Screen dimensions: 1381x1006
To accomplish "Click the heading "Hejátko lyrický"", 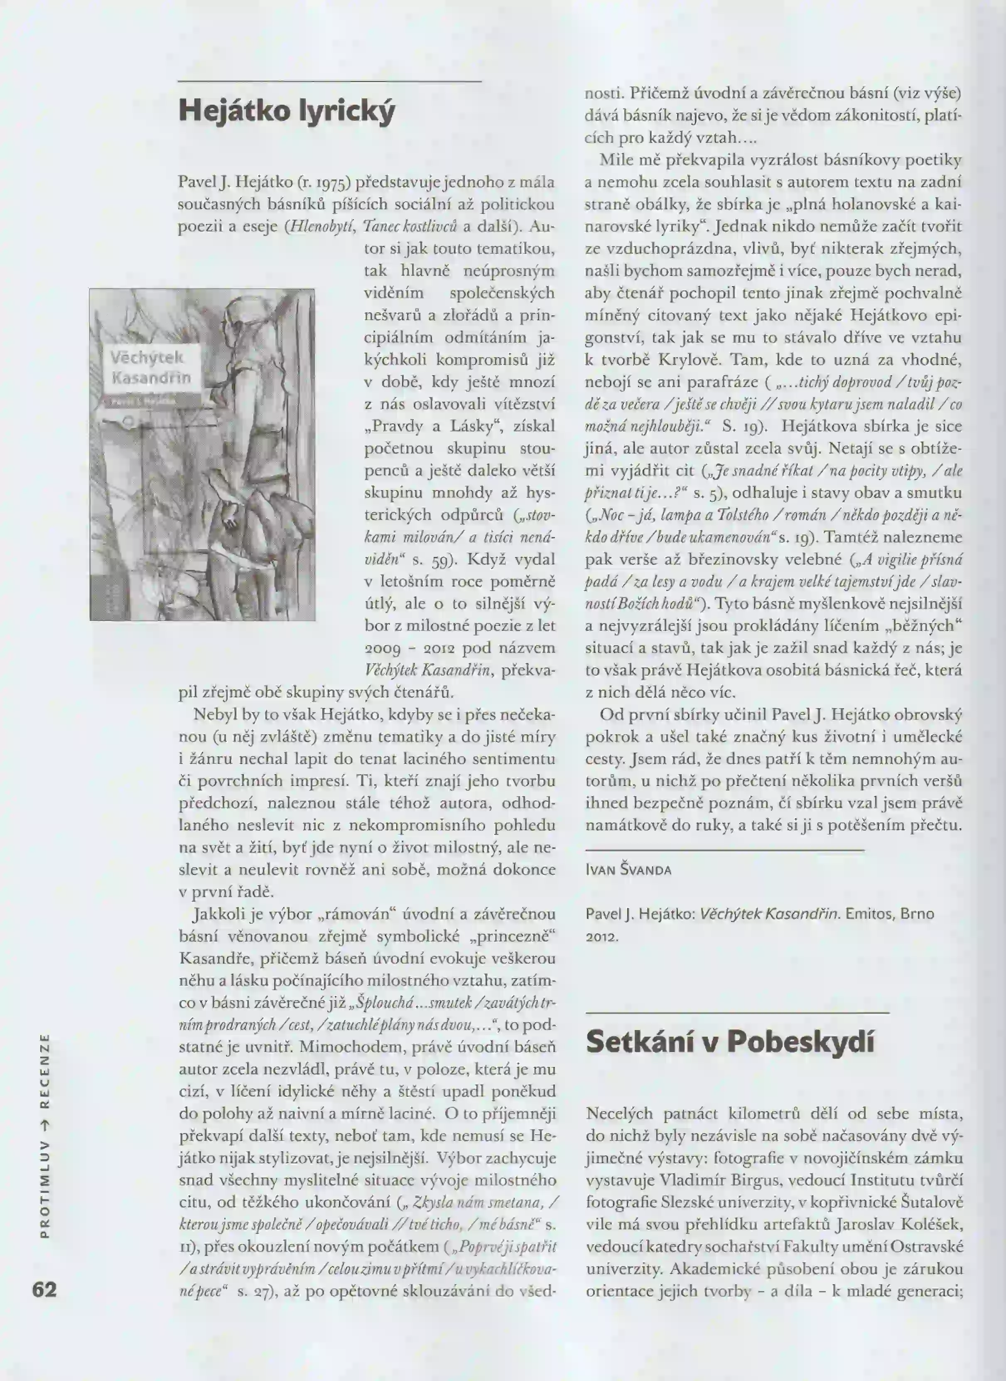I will [x=287, y=111].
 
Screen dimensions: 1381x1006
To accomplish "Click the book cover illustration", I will [x=202, y=454].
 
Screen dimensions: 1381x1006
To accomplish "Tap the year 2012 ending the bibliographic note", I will [x=602, y=937].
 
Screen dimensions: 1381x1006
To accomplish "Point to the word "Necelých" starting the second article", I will [x=619, y=1114].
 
